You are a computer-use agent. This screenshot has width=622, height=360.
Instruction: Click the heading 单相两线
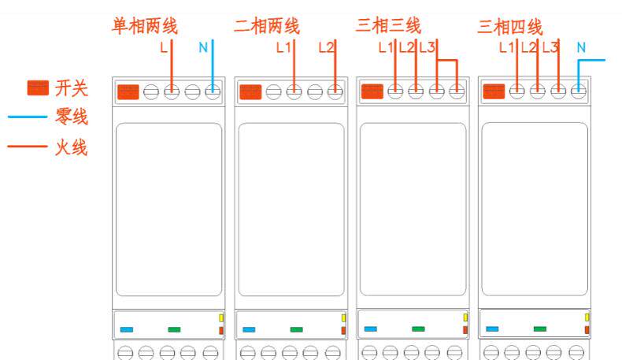pos(145,26)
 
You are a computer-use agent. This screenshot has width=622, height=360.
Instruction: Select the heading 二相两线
pos(266,26)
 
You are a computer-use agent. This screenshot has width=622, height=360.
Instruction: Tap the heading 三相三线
pos(388,26)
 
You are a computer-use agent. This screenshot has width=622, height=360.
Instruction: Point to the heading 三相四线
pos(509,26)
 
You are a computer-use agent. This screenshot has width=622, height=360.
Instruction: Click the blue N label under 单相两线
pos(203,47)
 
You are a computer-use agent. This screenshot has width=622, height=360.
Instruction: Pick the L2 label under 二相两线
pos(326,47)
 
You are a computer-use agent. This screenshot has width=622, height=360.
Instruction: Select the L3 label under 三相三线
pos(427,47)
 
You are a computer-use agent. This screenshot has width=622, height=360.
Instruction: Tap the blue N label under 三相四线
pos(581,47)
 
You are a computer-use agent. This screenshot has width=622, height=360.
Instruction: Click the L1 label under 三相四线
pos(506,47)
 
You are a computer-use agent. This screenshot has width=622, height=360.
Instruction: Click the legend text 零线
pos(71,117)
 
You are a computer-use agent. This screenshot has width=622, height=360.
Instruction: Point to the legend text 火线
pos(71,147)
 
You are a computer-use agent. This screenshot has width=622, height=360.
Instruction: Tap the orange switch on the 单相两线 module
pos(128,91)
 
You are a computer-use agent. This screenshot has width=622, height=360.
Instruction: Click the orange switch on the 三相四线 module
pos(494,91)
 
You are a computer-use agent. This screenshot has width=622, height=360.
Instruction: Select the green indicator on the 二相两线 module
pos(296,329)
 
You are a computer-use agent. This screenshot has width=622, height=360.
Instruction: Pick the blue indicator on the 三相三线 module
pos(370,329)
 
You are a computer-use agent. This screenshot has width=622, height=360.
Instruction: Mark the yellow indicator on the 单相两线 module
pos(221,317)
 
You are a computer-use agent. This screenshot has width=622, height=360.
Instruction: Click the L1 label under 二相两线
pos(283,47)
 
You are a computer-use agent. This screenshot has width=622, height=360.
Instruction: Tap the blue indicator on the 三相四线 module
pos(492,329)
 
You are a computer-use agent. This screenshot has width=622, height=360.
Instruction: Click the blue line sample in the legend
pos(28,117)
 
